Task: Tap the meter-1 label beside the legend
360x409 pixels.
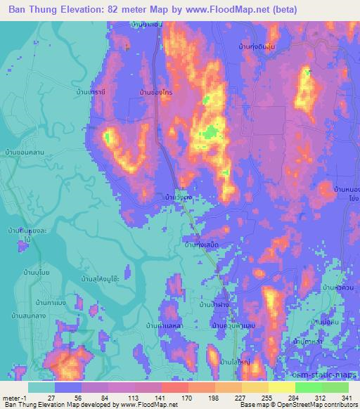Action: click(x=15, y=397)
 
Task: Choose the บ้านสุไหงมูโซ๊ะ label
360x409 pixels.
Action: click(x=98, y=279)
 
